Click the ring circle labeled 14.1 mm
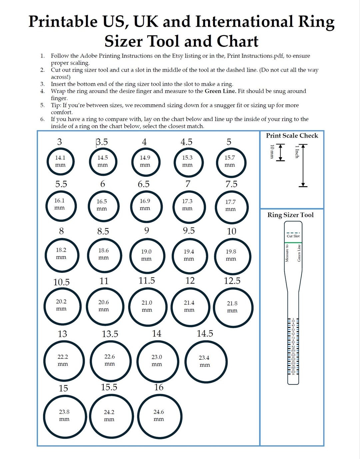(x=60, y=162)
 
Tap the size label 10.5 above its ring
(x=62, y=282)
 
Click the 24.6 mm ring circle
(x=159, y=416)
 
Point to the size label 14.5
(x=205, y=333)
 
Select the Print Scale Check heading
(x=292, y=136)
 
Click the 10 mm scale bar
(x=281, y=152)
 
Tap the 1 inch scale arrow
(x=303, y=165)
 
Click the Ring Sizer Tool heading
(x=290, y=215)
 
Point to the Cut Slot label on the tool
(x=293, y=236)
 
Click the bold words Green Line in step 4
(x=220, y=91)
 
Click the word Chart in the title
(x=238, y=42)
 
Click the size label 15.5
(x=109, y=387)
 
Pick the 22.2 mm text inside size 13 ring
(x=63, y=357)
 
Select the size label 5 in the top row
(x=229, y=142)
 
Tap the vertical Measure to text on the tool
(x=287, y=253)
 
